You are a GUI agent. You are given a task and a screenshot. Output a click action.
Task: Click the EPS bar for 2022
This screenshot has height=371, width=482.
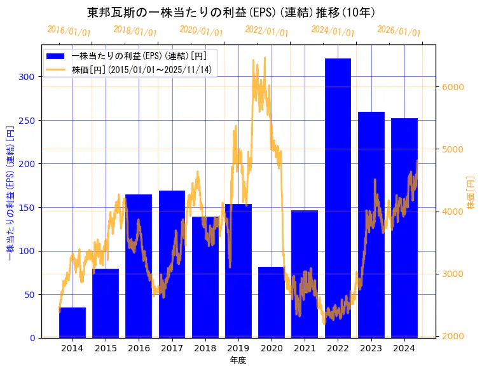[x=338, y=198]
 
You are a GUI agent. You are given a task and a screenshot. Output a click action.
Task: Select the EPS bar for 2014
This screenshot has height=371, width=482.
[x=72, y=323]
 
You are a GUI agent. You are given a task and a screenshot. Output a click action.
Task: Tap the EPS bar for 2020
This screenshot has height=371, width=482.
[x=272, y=302]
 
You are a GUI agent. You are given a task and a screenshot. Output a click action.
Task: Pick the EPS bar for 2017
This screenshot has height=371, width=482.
[x=172, y=264]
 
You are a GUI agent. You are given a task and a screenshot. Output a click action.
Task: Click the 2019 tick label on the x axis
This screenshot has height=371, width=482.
[x=238, y=348]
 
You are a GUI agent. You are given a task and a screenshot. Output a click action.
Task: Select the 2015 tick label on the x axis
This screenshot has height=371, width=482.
[x=106, y=348]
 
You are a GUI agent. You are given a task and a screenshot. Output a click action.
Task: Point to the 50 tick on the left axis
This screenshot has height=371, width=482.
[x=30, y=295]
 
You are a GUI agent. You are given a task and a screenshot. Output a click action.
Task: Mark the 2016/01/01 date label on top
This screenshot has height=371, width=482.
[x=69, y=31]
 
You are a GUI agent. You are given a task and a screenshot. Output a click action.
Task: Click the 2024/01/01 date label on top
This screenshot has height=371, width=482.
[x=333, y=31]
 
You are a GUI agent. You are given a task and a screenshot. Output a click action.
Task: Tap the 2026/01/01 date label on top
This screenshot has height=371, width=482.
[x=399, y=31]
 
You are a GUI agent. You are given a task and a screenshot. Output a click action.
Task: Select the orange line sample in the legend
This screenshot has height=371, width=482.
[x=59, y=70]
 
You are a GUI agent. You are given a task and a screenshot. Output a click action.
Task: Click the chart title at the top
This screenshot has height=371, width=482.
[x=231, y=12]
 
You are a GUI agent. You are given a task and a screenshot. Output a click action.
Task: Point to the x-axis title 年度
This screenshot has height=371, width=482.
[x=238, y=360]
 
